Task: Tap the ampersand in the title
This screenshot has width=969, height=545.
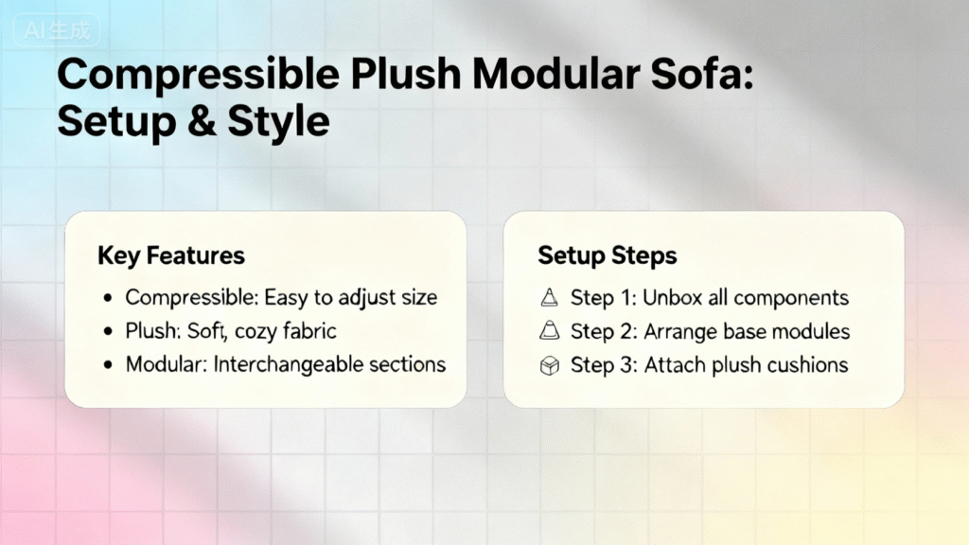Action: pos(202,121)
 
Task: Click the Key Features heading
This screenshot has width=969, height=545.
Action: pos(171,255)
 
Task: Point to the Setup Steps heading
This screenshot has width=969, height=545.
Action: pos(608,255)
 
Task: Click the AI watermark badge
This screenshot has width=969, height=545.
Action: pos(57,30)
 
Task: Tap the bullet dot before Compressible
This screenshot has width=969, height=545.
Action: pos(108,298)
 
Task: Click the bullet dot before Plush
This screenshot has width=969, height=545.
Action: pos(108,332)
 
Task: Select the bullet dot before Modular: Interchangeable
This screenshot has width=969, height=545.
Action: pos(108,365)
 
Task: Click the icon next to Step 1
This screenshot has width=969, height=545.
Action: pos(549,298)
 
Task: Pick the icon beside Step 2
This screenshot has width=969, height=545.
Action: pos(549,331)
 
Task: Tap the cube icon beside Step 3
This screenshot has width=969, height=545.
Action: pos(550,365)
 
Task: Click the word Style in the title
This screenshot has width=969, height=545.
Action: pos(279,121)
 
